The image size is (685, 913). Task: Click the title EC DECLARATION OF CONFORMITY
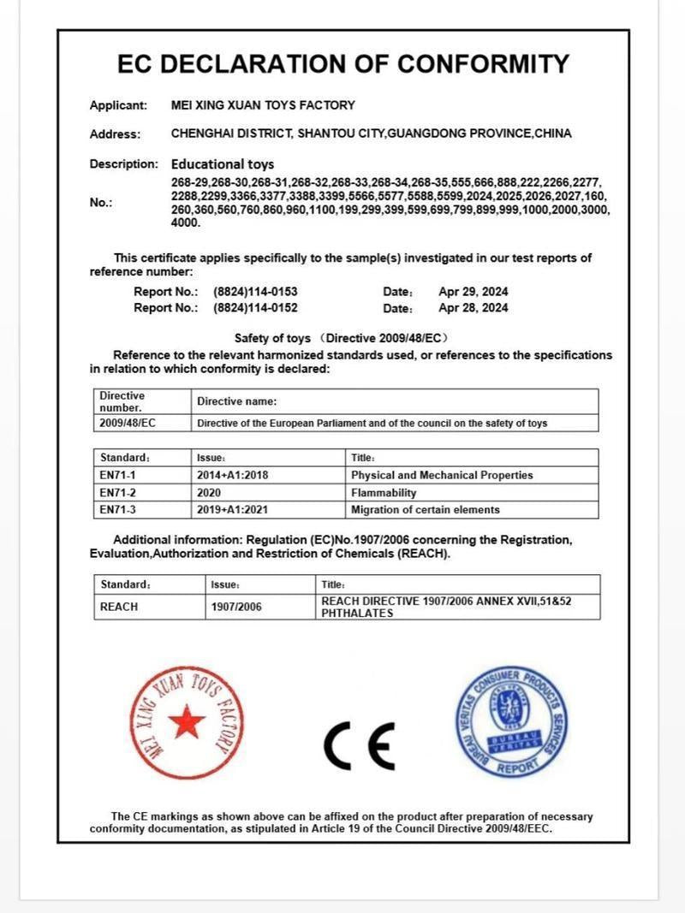tap(342, 64)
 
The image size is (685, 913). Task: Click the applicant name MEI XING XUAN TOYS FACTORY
tap(263, 105)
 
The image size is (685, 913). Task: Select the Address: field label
tap(115, 134)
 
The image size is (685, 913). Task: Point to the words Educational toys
tap(223, 163)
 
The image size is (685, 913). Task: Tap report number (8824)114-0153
tap(255, 291)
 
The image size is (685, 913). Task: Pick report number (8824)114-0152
tap(255, 308)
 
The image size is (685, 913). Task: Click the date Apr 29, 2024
tap(473, 291)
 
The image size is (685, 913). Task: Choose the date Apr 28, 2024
tap(473, 308)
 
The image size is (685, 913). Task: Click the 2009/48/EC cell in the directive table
tap(128, 423)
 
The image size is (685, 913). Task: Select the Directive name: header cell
tap(237, 401)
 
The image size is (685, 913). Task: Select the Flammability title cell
tap(384, 493)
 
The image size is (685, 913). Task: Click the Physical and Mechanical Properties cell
tap(442, 475)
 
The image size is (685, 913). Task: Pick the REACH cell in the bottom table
tap(119, 607)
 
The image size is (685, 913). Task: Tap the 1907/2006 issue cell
tap(236, 607)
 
